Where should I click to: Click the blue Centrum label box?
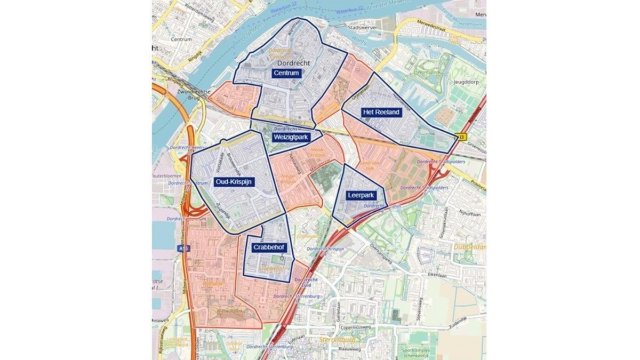[286, 73]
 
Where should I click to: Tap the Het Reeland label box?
[381, 112]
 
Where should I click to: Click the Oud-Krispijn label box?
[234, 182]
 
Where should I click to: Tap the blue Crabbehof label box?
[269, 247]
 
